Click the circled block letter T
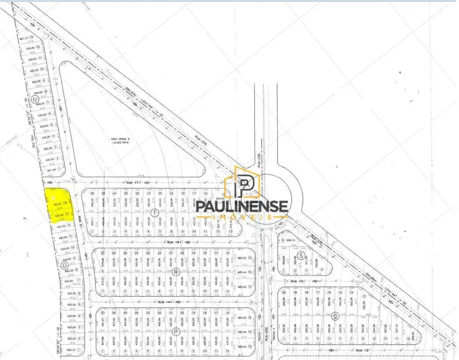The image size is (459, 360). (155, 212)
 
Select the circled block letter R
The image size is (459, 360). (175, 271)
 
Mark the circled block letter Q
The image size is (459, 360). (335, 316)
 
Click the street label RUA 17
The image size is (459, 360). (131, 182)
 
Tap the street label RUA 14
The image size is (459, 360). (162, 302)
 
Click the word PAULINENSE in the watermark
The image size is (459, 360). (243, 206)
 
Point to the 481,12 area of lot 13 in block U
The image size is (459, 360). (24, 39)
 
